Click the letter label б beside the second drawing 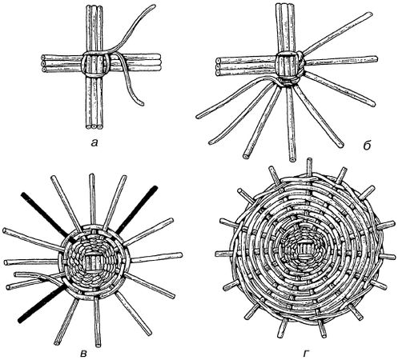click(x=368, y=146)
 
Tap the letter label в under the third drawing click(x=83, y=354)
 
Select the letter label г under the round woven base click(x=306, y=353)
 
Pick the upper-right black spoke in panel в click(x=136, y=210)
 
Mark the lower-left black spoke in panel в click(x=42, y=303)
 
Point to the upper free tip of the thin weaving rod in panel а click(x=154, y=6)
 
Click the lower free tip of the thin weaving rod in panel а click(x=142, y=103)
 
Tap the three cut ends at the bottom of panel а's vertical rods click(x=94, y=127)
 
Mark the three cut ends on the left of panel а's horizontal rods click(x=43, y=63)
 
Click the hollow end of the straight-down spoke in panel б click(x=292, y=159)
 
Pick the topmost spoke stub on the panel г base click(x=309, y=166)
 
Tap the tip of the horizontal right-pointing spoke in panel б click(x=376, y=58)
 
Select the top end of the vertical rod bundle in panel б click(x=283, y=5)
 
